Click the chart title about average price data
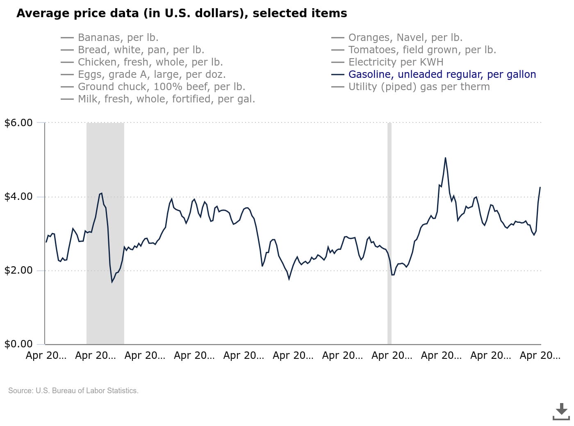(182, 13)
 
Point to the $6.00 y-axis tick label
(18, 122)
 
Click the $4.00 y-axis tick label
(18, 197)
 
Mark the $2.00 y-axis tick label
(18, 270)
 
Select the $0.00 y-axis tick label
(18, 344)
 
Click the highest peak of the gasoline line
(445, 158)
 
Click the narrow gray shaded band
(389, 233)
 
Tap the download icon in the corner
(561, 412)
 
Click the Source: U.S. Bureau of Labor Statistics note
(73, 390)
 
